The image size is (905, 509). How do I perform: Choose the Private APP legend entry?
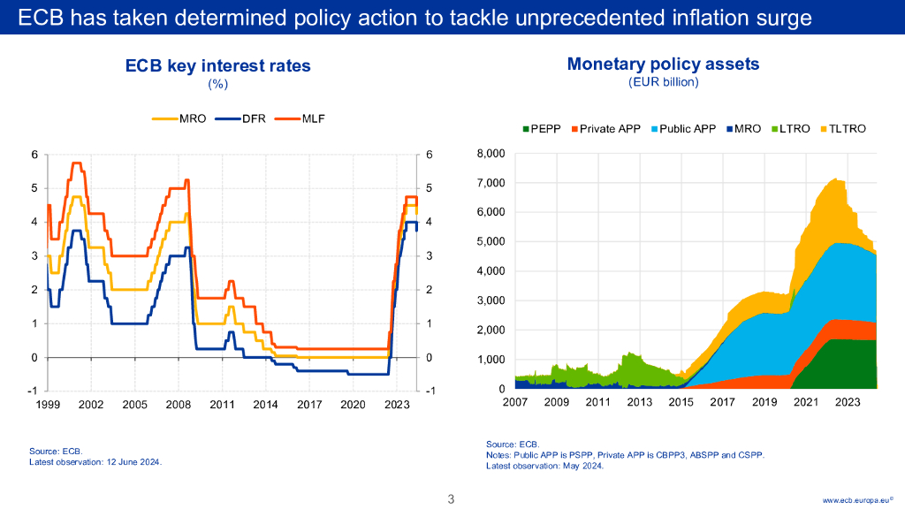tap(605, 129)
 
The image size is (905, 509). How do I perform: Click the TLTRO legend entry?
tap(843, 129)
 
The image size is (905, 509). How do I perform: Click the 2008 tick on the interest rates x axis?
tap(178, 404)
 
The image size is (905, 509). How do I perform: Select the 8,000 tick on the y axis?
tap(490, 154)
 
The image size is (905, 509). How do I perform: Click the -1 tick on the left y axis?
tap(33, 391)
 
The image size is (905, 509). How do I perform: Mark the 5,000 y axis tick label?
tap(490, 241)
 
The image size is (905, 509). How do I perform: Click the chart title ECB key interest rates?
tap(218, 66)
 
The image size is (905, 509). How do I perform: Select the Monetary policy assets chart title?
tap(663, 64)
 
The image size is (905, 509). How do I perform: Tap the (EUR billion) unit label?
tap(663, 82)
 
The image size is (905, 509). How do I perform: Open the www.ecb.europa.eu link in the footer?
tap(857, 500)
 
